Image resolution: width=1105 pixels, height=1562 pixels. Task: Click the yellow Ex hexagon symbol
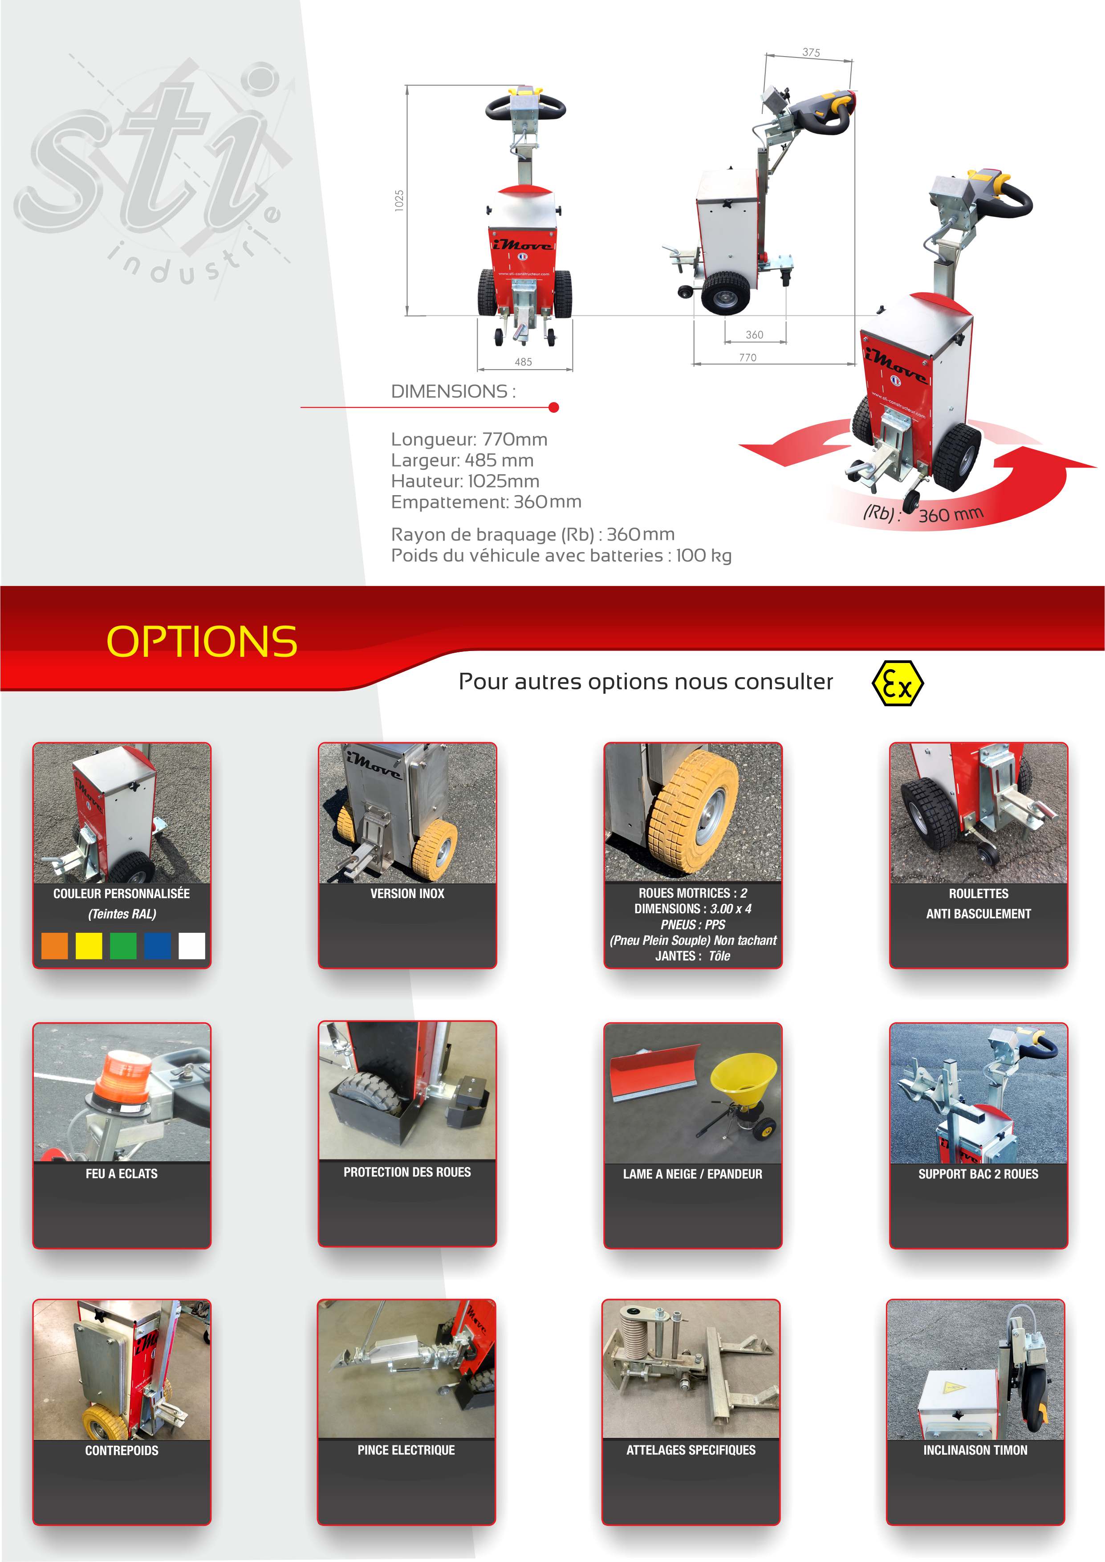898,682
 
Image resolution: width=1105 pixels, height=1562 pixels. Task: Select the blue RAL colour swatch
157,946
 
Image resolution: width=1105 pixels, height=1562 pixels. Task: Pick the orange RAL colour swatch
54,946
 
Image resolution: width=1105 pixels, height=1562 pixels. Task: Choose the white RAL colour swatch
192,946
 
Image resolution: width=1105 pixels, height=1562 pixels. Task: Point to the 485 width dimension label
523,362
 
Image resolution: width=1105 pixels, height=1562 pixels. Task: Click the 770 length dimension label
748,357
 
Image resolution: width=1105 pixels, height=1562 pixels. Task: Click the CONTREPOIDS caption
122,1450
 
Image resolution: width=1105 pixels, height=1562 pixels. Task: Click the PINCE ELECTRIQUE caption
406,1450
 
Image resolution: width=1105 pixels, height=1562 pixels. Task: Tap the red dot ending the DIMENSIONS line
554,407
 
